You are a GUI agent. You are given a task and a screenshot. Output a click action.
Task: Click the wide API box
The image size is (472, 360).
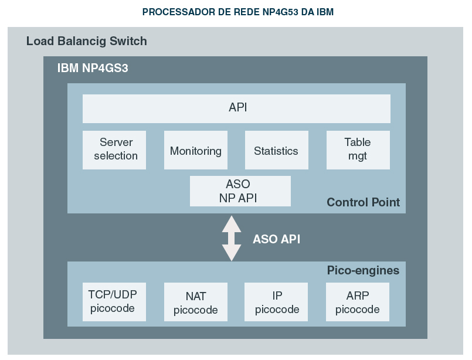click(x=236, y=108)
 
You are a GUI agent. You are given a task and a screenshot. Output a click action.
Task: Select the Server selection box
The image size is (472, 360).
click(x=114, y=150)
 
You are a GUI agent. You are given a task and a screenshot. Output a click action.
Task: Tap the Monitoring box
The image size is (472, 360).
click(x=195, y=150)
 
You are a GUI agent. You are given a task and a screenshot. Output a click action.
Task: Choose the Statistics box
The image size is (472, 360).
click(x=276, y=150)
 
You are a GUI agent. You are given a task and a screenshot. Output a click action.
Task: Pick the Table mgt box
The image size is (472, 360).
click(x=358, y=150)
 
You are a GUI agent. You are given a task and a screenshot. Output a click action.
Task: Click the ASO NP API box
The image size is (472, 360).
click(x=240, y=191)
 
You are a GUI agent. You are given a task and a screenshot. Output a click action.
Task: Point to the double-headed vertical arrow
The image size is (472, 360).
click(x=232, y=238)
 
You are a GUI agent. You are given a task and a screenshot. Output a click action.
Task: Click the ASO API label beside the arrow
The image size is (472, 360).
click(x=277, y=239)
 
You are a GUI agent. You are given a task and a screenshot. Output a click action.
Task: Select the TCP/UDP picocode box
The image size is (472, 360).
click(x=114, y=301)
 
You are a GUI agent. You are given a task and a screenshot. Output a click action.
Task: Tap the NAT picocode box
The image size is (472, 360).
click(x=195, y=303)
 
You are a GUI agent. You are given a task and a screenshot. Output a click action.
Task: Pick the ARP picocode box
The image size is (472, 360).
click(x=358, y=303)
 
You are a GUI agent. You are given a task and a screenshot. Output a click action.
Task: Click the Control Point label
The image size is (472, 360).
click(x=364, y=202)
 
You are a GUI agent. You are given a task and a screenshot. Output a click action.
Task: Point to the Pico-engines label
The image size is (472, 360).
click(x=363, y=270)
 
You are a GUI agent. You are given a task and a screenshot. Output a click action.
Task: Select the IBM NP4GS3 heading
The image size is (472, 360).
click(x=93, y=68)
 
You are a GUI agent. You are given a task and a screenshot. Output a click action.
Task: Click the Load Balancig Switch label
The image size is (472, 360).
click(x=87, y=42)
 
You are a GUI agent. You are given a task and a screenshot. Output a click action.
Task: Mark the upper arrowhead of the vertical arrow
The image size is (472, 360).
click(x=232, y=223)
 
